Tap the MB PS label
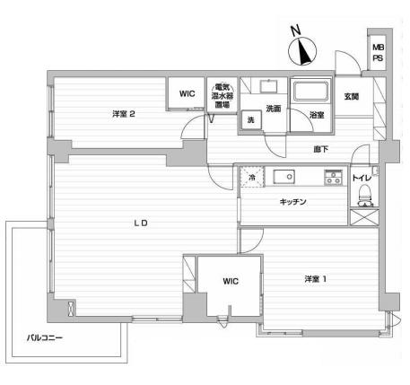[378, 53]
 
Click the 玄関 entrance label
[352, 97]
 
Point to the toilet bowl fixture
[365, 196]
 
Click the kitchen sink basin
[284, 177]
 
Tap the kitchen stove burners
[333, 177]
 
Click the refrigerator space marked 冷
[252, 177]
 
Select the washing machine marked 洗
[251, 119]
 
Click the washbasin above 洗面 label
[269, 86]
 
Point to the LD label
[141, 223]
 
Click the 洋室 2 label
[124, 114]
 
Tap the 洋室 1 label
[316, 279]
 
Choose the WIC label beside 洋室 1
[231, 281]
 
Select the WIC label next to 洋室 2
[188, 93]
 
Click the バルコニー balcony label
[45, 338]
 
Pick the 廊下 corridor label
[321, 149]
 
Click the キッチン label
[293, 202]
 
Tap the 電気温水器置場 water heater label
[222, 96]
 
